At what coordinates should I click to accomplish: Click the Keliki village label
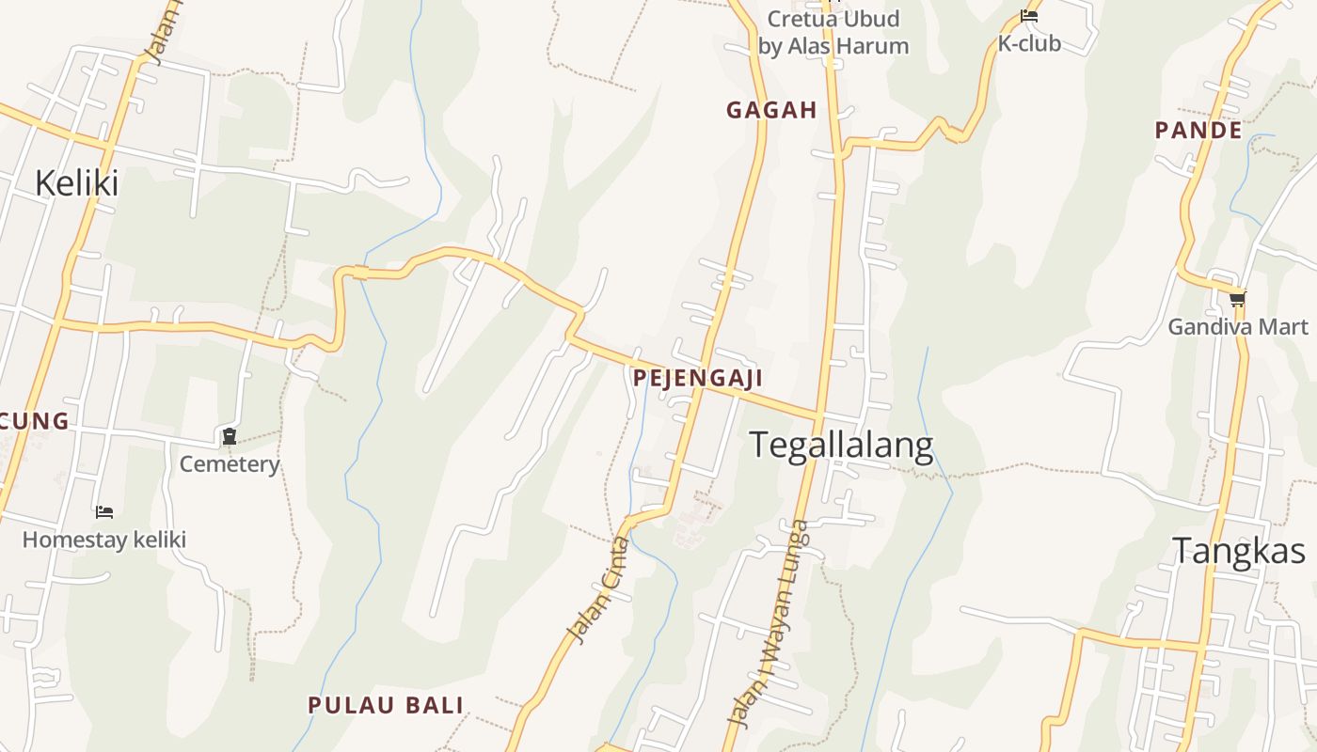76,182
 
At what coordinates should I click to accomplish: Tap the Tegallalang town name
841,445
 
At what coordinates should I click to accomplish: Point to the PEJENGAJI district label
697,378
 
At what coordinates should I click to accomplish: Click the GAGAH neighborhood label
771,110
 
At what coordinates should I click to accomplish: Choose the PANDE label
1198,131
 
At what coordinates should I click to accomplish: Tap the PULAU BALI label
386,705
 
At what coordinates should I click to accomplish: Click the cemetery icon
230,436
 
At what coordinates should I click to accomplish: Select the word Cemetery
230,464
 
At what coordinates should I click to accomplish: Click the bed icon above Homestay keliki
104,512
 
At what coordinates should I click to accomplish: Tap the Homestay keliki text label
104,540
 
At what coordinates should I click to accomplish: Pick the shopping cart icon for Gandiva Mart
1237,300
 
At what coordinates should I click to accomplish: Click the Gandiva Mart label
1237,327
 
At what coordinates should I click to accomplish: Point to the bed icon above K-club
1029,16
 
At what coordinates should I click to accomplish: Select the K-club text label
1029,43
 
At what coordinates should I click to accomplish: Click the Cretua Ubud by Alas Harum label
833,32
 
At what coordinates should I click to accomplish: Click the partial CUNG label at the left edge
35,420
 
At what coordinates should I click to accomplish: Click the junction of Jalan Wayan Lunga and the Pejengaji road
818,414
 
